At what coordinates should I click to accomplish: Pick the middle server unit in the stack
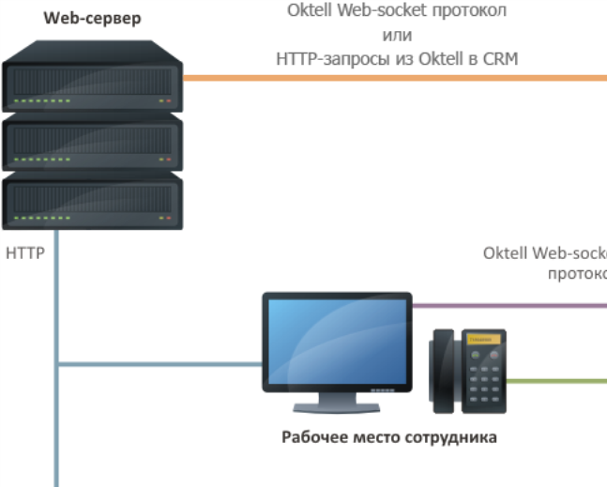click(x=92, y=142)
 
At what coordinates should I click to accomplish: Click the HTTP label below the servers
click(x=25, y=253)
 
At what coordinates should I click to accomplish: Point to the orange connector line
click(x=394, y=79)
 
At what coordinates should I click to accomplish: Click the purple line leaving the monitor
click(x=507, y=306)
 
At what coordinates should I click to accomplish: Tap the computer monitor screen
click(x=336, y=339)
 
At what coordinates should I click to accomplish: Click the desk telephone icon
click(x=467, y=371)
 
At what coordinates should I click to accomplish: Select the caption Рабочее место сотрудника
click(x=389, y=437)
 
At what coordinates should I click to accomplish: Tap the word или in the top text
click(x=398, y=36)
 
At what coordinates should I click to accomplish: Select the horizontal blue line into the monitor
click(x=159, y=364)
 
